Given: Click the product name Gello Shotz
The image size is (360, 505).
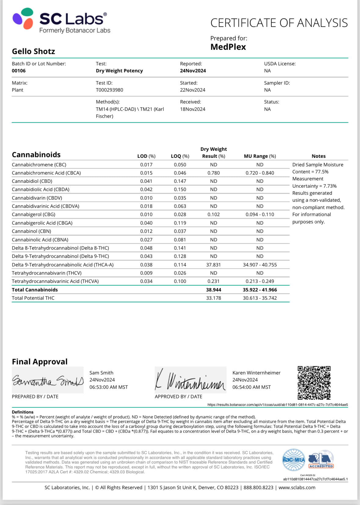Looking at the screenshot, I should [x=34, y=51].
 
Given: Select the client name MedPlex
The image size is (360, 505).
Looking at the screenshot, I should [x=228, y=47].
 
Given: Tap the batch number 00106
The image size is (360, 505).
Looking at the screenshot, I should [x=19, y=71].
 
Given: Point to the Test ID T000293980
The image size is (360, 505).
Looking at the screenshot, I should [x=110, y=90].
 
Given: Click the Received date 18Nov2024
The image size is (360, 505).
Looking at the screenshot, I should [x=193, y=109].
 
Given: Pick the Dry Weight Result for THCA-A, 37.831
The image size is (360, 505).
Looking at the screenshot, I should [x=213, y=265].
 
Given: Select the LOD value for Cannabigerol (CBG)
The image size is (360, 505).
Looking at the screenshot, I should [x=146, y=215].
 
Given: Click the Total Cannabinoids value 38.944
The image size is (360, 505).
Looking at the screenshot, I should [x=213, y=290].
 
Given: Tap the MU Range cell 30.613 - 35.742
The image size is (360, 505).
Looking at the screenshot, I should [x=260, y=298].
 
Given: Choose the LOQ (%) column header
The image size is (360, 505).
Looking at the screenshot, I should [x=180, y=156].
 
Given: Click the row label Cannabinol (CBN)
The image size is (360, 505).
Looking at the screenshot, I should [x=31, y=231].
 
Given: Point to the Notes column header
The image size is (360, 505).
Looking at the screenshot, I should [x=318, y=156].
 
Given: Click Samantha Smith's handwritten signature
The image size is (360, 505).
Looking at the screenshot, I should [x=48, y=381].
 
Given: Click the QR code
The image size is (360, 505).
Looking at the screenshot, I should [x=314, y=383].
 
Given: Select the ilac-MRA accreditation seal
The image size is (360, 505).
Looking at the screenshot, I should [x=293, y=460].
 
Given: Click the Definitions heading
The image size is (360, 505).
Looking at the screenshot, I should [x=23, y=412].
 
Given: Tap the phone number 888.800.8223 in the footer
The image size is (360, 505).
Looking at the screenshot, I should [x=258, y=488].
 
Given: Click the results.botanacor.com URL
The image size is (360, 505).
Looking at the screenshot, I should [x=278, y=405].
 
